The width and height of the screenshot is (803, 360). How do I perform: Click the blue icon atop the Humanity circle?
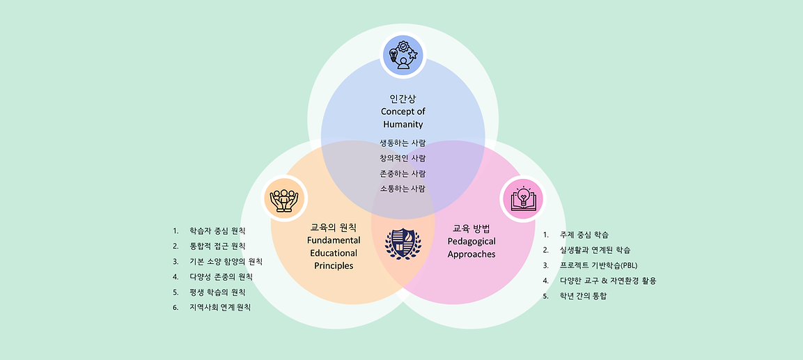[x=403, y=56]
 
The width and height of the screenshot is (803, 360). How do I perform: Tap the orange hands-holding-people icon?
[x=283, y=198]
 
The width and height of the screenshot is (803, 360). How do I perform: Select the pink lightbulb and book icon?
[x=522, y=198]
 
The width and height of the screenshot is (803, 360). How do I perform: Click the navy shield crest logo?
[x=403, y=244]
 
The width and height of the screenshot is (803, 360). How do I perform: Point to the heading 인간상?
[x=403, y=98]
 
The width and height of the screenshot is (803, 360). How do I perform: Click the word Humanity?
[x=403, y=124]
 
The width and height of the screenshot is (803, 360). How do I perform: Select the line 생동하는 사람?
[x=403, y=143]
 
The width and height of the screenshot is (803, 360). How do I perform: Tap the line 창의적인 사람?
[x=403, y=158]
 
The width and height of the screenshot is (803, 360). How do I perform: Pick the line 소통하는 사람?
[x=403, y=189]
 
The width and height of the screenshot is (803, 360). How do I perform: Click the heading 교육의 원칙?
[x=333, y=227]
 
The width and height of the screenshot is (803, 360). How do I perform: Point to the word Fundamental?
[x=332, y=240]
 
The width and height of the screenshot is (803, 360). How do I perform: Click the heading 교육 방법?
[x=471, y=228]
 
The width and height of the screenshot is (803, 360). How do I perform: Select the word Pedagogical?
[x=471, y=241]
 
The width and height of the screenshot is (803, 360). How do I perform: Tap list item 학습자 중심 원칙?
[x=217, y=230]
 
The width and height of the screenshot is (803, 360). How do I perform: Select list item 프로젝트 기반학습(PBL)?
[x=598, y=265]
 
